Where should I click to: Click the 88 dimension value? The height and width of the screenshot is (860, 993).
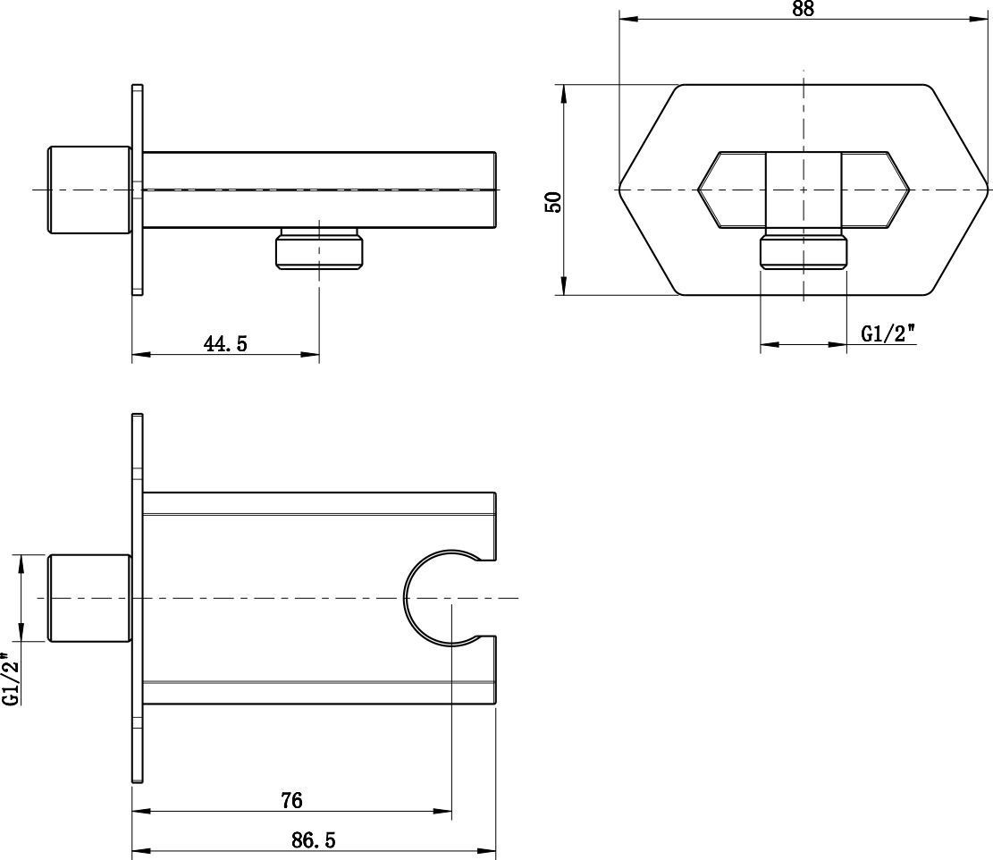803,10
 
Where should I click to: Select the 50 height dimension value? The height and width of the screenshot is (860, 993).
553,202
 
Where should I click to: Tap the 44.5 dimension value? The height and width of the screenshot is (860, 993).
225,343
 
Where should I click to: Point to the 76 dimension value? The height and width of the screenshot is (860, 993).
291,800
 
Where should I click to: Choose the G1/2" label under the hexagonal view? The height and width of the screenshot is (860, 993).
888,333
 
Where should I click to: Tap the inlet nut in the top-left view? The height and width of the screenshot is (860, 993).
89,190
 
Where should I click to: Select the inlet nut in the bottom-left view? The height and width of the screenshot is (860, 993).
89,598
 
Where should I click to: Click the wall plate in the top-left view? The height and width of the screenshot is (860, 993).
138,189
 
